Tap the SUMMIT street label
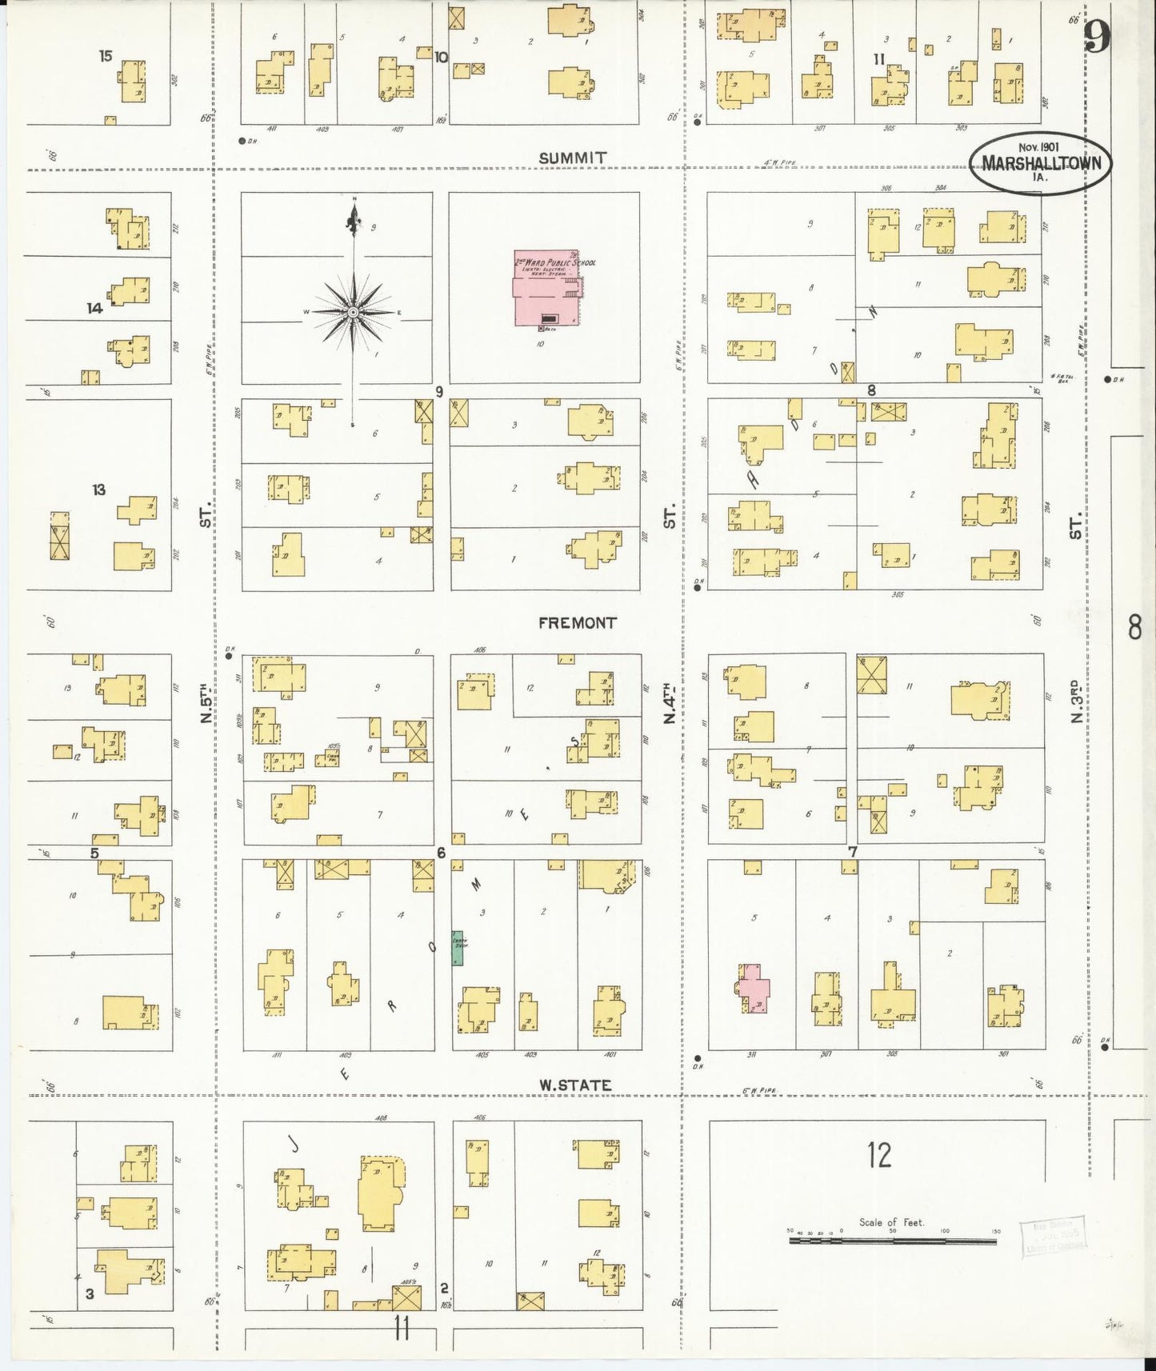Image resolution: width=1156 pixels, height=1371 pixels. coord(572,158)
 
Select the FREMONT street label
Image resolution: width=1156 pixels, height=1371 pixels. coord(578,622)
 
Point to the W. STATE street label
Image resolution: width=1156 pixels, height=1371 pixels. coord(574,1085)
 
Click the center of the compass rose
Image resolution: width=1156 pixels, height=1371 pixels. coord(353,311)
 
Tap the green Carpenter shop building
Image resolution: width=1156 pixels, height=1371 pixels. coord(458,947)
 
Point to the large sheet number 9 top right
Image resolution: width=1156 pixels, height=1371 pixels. coord(1098,36)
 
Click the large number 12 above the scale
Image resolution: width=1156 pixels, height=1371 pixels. coord(878,1155)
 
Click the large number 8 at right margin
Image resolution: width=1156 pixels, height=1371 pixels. coord(1134,628)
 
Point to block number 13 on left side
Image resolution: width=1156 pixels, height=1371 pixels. coord(98,490)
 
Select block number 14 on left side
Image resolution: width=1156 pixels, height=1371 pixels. coord(94,308)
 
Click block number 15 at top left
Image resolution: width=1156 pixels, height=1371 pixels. coord(106,56)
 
